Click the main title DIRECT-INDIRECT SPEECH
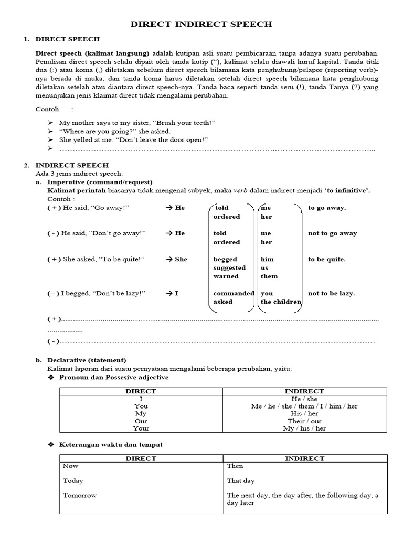pos(201,24)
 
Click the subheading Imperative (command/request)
pos(90,181)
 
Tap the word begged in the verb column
pos(225,259)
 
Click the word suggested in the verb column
pos(229,267)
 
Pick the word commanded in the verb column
pos(234,293)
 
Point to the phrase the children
pos(281,302)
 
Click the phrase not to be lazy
pos(331,293)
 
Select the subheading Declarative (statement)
pos(87,360)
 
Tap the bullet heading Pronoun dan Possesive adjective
pos(114,377)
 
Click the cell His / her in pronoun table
pos(304,413)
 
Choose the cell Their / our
pos(304,421)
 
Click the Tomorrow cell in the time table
pos(80,495)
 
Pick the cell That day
pos(241,480)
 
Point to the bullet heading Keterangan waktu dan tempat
pos(111,444)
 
